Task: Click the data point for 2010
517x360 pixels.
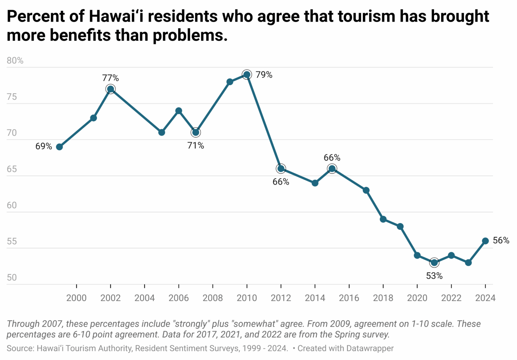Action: point(247,75)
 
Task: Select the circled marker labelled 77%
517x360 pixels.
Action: point(110,89)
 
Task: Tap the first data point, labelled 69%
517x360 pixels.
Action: point(59,147)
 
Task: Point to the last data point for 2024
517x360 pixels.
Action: point(485,241)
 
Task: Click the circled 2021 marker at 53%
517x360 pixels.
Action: point(434,263)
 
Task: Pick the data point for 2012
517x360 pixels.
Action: point(281,169)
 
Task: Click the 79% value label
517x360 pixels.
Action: point(264,75)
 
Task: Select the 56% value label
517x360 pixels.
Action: point(501,241)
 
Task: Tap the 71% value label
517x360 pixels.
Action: point(196,146)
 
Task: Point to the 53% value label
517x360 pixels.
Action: point(434,276)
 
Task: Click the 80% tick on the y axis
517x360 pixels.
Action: point(15,61)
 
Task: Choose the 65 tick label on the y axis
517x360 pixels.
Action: point(12,169)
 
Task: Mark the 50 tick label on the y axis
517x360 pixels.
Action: point(12,277)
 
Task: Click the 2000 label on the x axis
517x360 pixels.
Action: point(76,298)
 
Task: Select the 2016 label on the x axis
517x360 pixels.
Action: point(349,298)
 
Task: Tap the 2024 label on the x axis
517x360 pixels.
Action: point(485,298)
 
